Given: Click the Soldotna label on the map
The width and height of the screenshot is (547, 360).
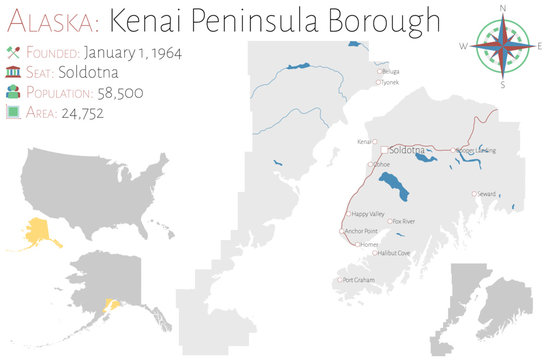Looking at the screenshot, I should pyautogui.click(x=407, y=149).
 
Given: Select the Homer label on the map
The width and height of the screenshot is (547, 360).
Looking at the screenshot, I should pyautogui.click(x=370, y=244).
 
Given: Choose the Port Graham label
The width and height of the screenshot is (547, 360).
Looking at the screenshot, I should pyautogui.click(x=358, y=279).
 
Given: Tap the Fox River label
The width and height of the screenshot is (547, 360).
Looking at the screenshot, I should pyautogui.click(x=404, y=220).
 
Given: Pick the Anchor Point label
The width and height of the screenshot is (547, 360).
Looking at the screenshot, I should pyautogui.click(x=359, y=231).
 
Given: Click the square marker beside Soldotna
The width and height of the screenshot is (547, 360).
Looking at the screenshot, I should pyautogui.click(x=382, y=149).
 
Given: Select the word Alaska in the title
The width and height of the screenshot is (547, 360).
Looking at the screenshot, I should pyautogui.click(x=47, y=19).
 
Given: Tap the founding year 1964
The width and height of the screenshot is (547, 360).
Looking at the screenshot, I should pyautogui.click(x=164, y=52).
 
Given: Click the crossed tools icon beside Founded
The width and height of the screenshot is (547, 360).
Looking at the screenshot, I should pyautogui.click(x=13, y=52).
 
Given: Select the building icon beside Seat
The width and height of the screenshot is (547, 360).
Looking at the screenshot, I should pyautogui.click(x=13, y=72).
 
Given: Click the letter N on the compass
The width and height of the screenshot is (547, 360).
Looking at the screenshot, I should pyautogui.click(x=505, y=9).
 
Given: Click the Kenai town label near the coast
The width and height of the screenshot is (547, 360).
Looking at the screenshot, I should pyautogui.click(x=364, y=143).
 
